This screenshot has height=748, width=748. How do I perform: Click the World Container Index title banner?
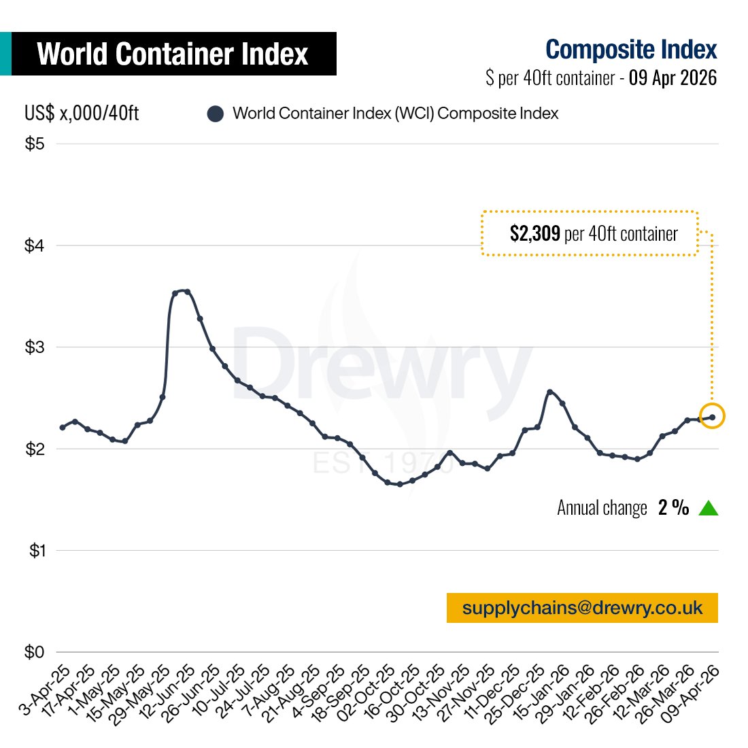pos(173,54)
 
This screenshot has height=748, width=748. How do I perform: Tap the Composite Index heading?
pos(631,50)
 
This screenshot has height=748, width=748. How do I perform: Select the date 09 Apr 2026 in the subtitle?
pos(673,78)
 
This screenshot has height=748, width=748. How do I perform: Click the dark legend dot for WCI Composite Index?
pos(216,114)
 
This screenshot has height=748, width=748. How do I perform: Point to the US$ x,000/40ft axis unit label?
pos(82,113)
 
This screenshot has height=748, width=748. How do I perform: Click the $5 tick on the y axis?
pos(35,144)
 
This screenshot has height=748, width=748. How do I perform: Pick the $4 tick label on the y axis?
pos(35,245)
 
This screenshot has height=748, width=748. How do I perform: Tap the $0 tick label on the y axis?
pos(35,652)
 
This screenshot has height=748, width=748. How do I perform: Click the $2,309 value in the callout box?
pos(535,234)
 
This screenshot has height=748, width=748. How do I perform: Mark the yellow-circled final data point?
pos(712,416)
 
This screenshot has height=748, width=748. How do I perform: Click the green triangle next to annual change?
pos(709,508)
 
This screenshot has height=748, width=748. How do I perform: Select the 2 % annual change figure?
pos(673,508)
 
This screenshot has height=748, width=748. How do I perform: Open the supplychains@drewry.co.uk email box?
pos(582,608)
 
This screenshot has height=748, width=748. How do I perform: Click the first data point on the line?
pos(63,427)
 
